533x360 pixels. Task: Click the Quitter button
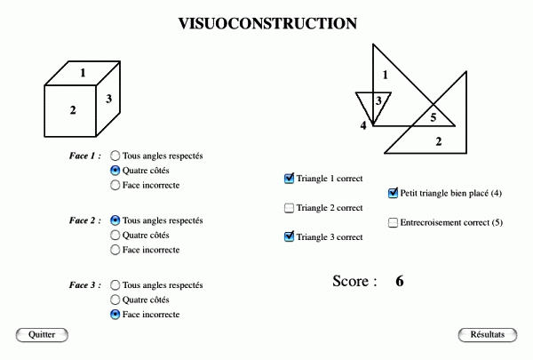42,335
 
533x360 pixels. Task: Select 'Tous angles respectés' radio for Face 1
115,156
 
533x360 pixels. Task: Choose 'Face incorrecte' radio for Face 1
115,185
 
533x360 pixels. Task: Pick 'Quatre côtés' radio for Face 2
115,236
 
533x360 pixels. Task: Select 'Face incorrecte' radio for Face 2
115,250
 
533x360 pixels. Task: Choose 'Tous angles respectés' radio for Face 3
115,284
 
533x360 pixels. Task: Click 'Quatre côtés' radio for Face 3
115,300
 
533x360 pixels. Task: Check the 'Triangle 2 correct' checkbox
289,208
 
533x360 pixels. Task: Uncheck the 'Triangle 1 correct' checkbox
289,179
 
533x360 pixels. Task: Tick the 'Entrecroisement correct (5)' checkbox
393,222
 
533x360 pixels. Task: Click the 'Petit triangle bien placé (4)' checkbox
393,193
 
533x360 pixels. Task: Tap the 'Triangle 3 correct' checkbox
289,236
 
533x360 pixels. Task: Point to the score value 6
400,281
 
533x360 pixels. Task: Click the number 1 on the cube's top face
83,73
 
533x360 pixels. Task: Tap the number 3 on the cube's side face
108,99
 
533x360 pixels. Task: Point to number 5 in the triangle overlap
434,117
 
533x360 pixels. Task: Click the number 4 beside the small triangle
363,125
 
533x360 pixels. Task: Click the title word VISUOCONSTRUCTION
267,23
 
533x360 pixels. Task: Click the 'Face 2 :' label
85,220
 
